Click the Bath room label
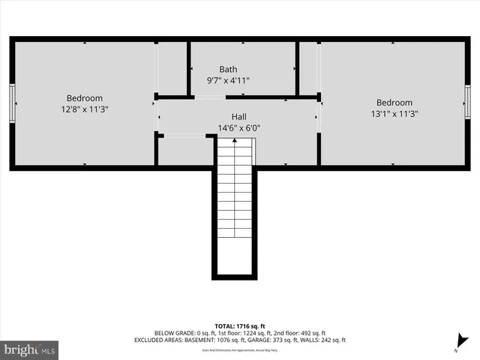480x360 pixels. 228,69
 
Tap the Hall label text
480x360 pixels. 238,117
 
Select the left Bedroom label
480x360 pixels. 85,98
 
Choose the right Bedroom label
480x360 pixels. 394,103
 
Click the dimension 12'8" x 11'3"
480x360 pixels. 85,109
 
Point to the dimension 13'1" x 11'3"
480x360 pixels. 394,114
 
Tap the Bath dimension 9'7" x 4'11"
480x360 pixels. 228,79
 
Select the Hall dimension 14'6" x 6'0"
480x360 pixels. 238,127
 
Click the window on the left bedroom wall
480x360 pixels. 13,101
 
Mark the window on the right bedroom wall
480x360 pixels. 467,101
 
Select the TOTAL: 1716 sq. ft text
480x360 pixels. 240,326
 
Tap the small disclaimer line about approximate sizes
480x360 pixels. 240,350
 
